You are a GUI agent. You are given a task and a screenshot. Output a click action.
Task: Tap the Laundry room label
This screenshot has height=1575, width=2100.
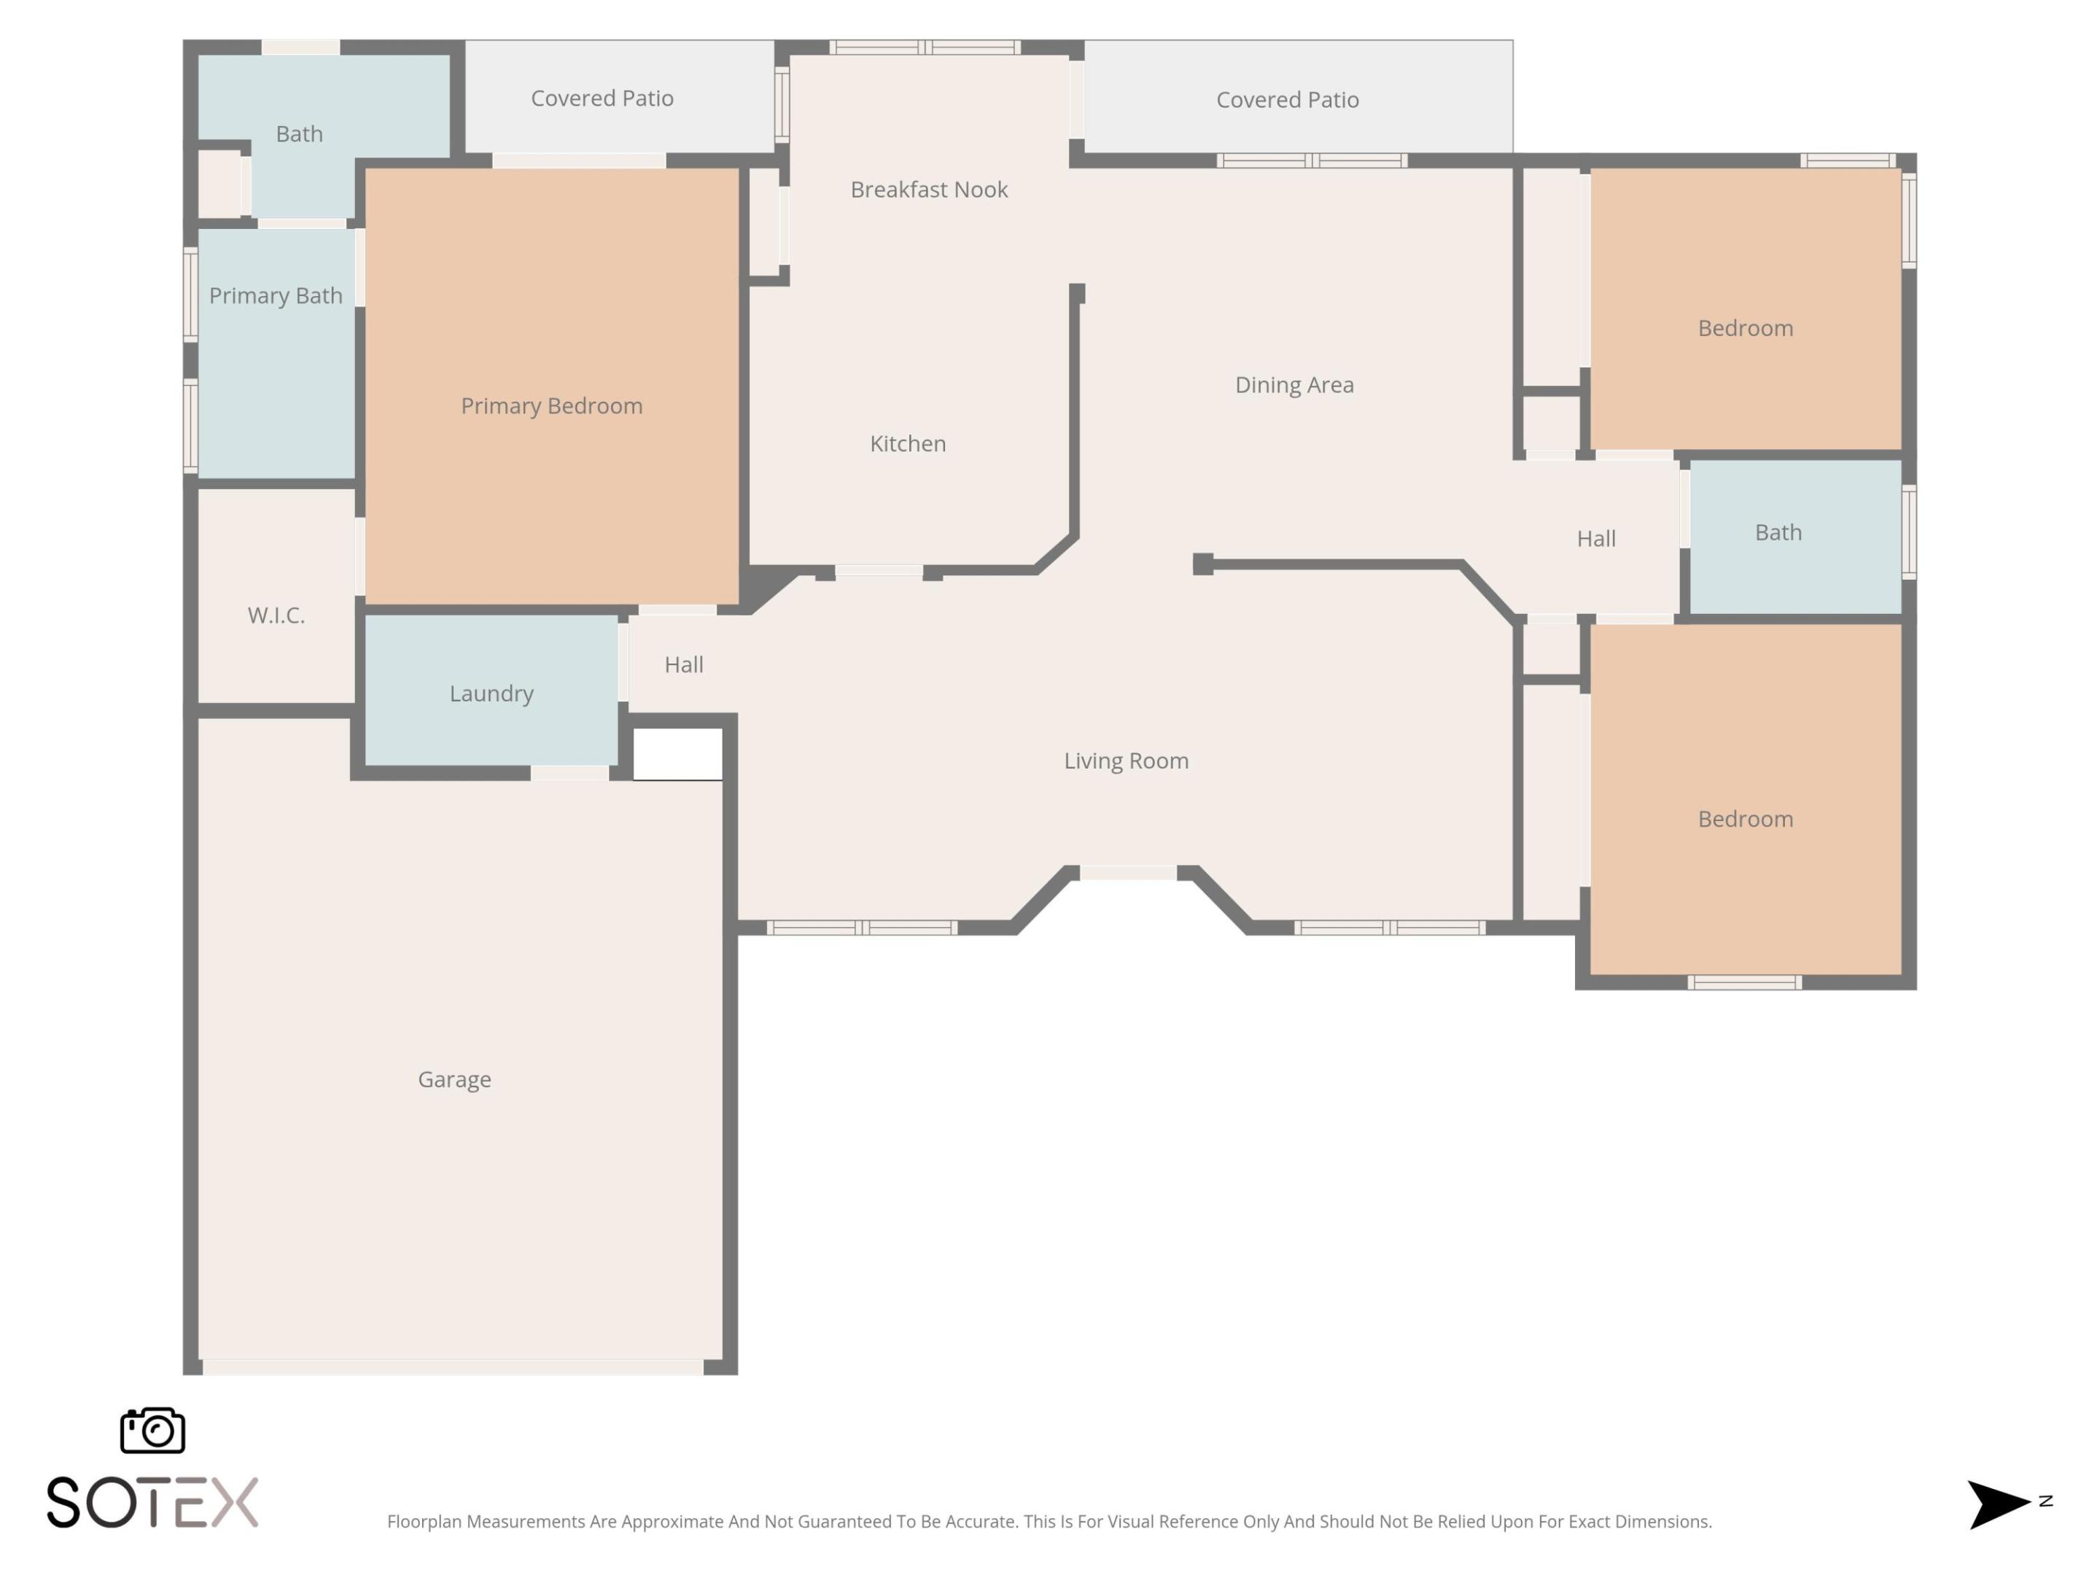(491, 694)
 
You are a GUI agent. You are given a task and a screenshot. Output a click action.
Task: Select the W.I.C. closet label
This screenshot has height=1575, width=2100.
(276, 615)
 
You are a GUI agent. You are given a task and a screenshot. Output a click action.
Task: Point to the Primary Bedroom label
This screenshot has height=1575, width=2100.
(551, 406)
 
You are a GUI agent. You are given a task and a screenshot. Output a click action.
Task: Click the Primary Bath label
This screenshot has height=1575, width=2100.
(276, 296)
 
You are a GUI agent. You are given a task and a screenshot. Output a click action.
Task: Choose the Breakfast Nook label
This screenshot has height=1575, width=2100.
(928, 190)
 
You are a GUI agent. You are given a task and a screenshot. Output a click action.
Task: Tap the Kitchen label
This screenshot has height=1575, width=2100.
(908, 443)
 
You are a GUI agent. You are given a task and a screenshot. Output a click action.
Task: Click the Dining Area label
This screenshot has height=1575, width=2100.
(1294, 384)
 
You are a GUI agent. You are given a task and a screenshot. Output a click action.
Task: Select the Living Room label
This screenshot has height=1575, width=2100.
(1126, 761)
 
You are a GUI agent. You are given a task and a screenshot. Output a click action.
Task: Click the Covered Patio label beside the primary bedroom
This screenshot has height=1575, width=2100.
(602, 98)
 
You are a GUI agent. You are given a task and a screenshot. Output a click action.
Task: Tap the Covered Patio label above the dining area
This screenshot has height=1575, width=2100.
(1287, 100)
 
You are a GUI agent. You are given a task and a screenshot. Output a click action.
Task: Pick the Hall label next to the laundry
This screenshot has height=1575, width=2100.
(683, 664)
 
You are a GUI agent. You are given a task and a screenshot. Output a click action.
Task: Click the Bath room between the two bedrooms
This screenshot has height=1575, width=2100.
(1778, 532)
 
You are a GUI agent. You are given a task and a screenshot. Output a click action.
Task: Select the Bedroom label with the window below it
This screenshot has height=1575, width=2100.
(1745, 818)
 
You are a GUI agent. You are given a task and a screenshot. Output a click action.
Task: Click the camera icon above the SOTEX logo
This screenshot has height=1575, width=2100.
(152, 1431)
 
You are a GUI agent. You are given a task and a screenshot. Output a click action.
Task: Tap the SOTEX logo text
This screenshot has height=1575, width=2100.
(152, 1503)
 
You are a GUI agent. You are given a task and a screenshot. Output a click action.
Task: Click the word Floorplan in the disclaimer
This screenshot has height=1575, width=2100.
(424, 1522)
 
